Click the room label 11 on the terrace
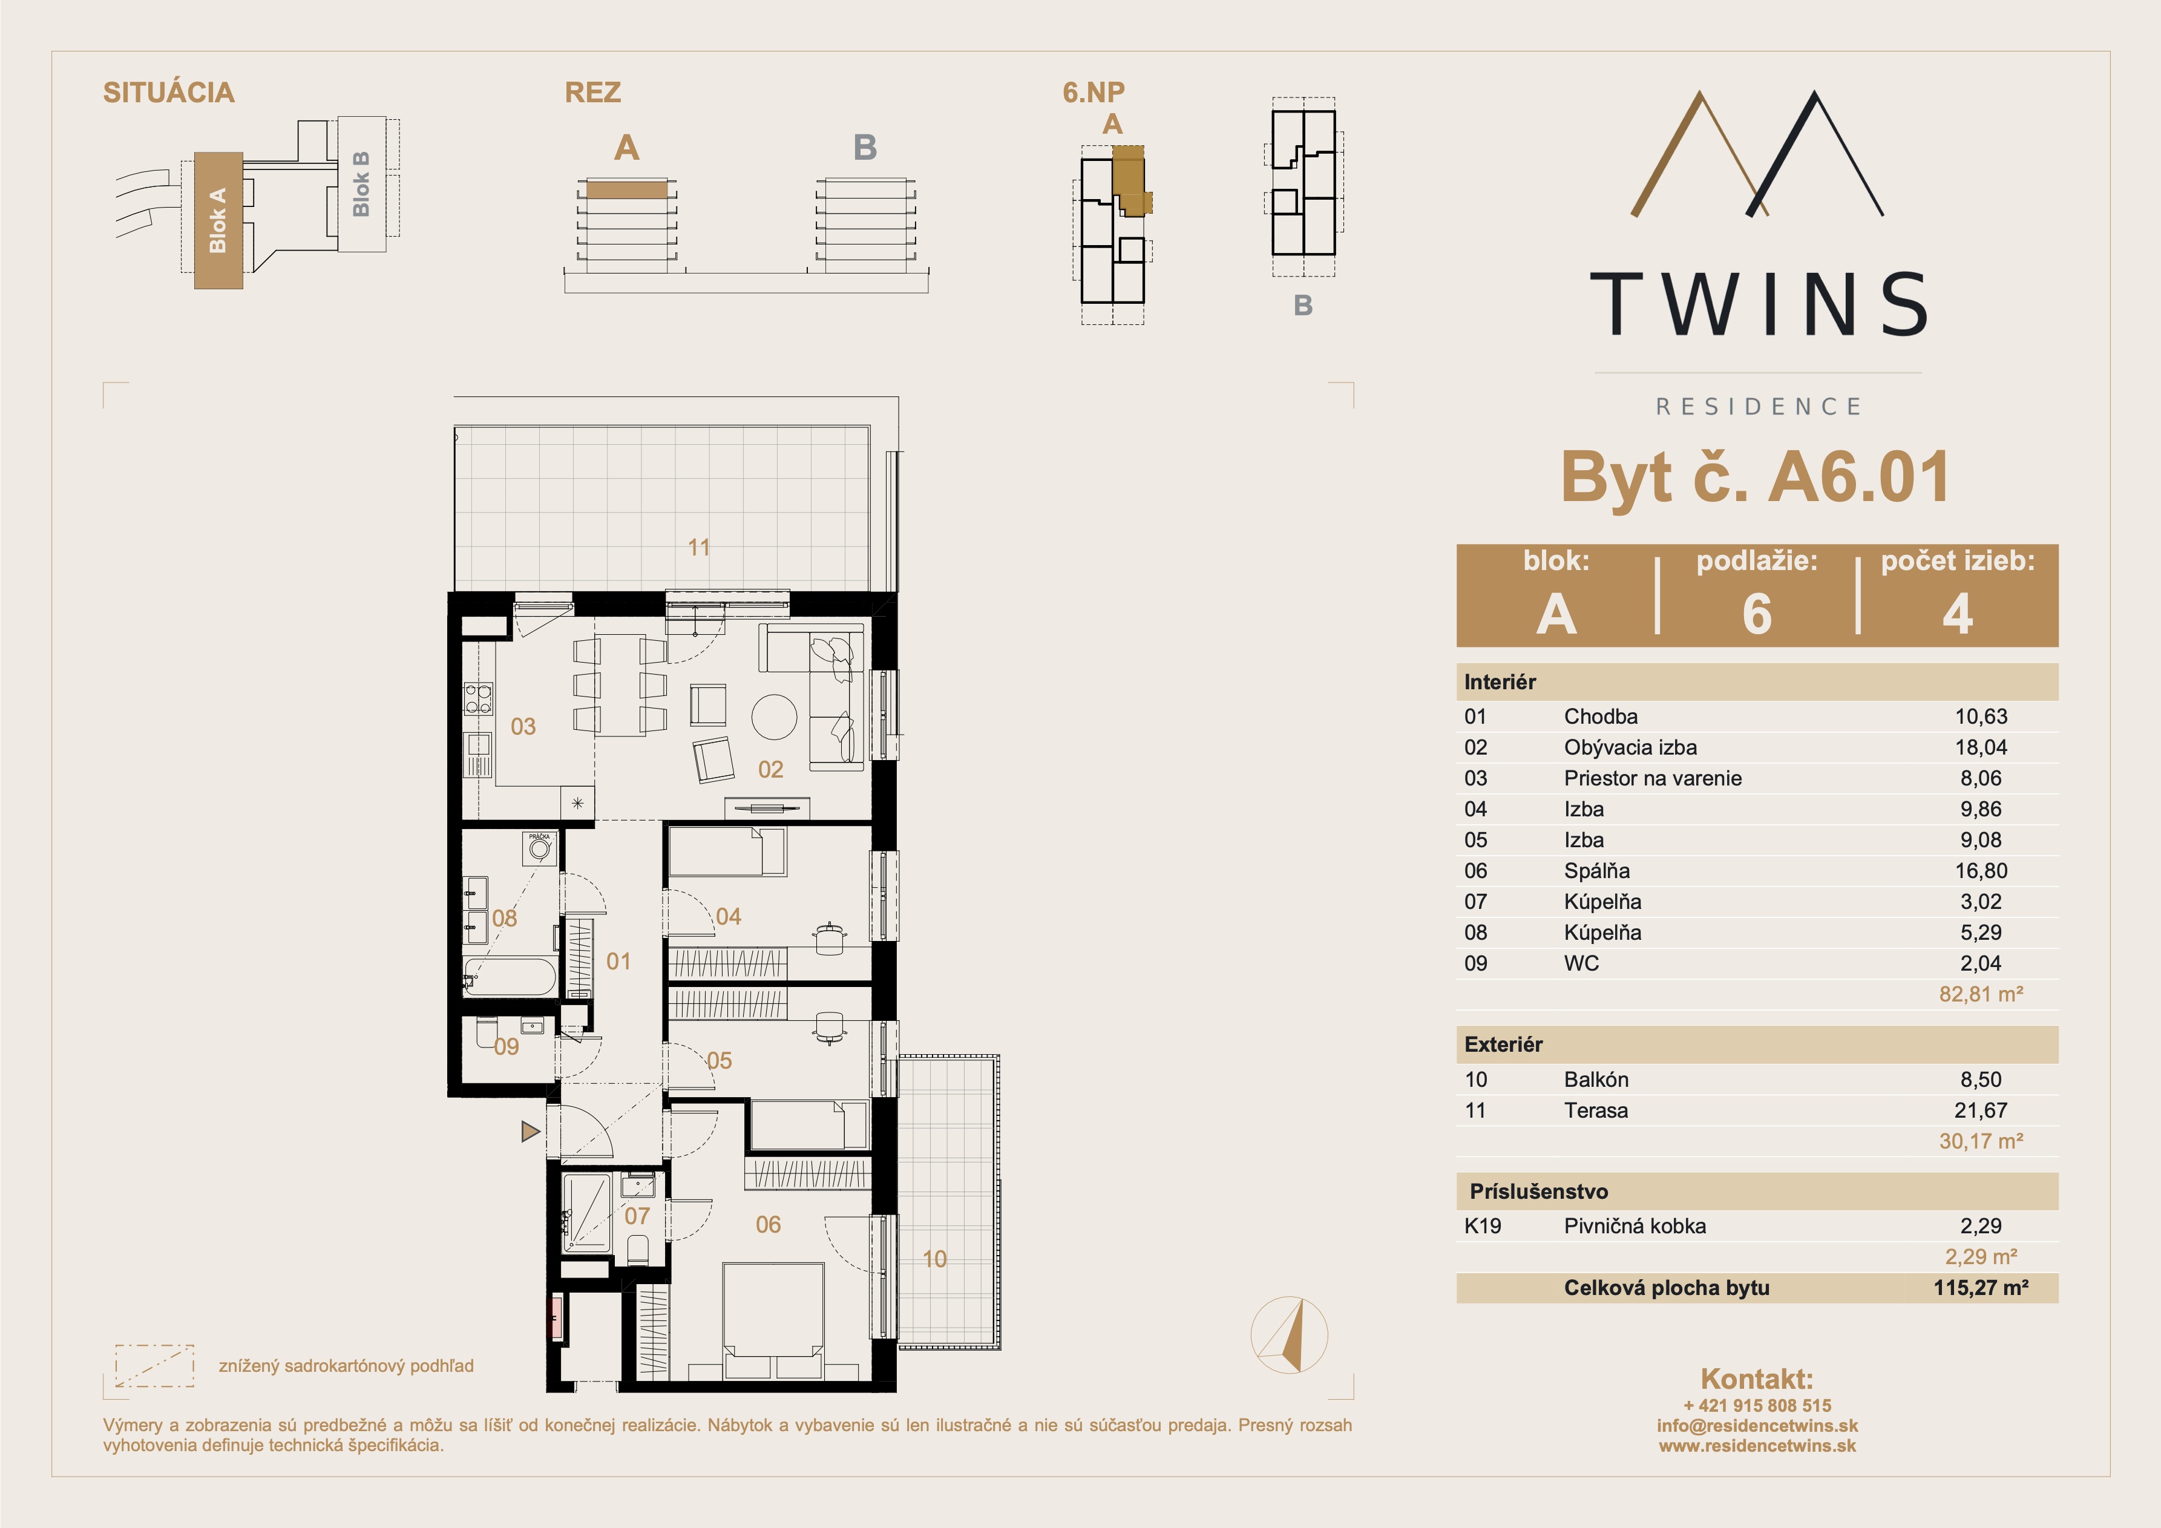click(698, 547)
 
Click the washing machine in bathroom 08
click(539, 848)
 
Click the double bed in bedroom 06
click(773, 1321)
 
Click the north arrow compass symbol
click(1290, 1335)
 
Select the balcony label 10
click(934, 1259)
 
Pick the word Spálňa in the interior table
click(1597, 871)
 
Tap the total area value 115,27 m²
click(1981, 1288)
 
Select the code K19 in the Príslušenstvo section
click(1483, 1226)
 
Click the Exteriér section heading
click(1503, 1044)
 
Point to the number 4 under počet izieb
click(1958, 614)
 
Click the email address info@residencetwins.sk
click(1757, 1425)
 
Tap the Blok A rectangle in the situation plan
click(218, 220)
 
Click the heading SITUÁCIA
click(168, 92)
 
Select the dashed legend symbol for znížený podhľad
click(154, 1365)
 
